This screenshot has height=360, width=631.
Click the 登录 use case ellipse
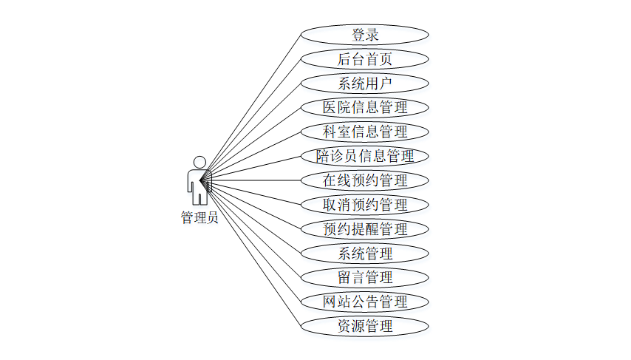[x=365, y=34]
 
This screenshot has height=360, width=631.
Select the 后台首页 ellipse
[x=365, y=58]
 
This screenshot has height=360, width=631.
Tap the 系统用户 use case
[x=365, y=83]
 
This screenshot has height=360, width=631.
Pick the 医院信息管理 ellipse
[x=365, y=107]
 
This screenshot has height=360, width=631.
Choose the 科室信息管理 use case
[x=365, y=132]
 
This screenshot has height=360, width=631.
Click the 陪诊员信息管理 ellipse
[x=365, y=156]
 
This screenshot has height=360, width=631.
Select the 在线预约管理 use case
[x=365, y=180]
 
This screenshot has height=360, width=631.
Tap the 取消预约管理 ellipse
[x=365, y=204]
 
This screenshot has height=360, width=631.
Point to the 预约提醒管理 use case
[x=365, y=228]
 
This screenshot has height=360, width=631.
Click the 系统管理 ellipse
[x=365, y=253]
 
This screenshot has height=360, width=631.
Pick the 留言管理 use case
[x=365, y=277]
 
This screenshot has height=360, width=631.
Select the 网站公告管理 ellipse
[x=365, y=302]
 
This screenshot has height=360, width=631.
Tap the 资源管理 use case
[x=365, y=325]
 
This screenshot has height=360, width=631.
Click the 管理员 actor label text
[x=199, y=218]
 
